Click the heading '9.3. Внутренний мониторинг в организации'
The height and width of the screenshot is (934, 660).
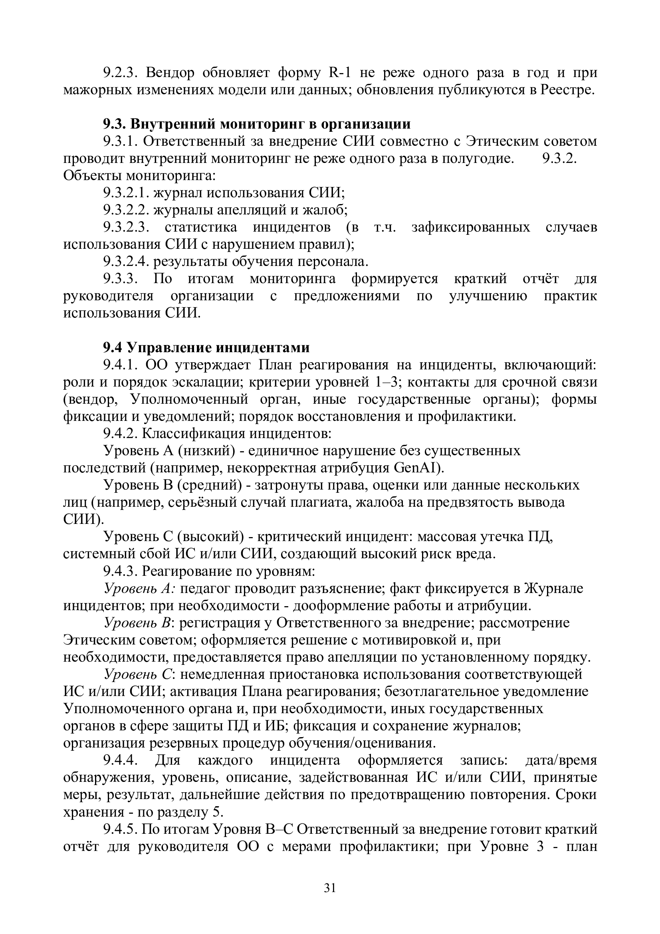256,124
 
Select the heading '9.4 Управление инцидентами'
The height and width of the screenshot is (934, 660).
206,348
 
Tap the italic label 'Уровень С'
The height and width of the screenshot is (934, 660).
139,674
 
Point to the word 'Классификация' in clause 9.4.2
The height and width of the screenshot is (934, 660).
194,434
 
